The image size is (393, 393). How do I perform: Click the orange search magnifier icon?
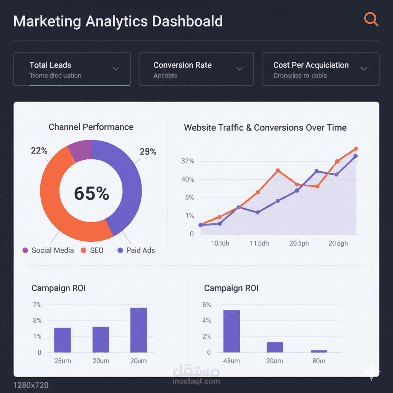[x=371, y=19]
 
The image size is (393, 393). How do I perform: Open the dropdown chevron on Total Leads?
[x=116, y=69]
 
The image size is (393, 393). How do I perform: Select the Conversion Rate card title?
[x=182, y=65]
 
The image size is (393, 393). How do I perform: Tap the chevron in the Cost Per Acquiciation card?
[x=363, y=69]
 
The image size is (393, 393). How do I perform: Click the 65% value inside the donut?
[x=91, y=193]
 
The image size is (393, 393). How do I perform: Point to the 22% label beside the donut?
[x=39, y=151]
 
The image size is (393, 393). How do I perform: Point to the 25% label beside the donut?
[x=148, y=152]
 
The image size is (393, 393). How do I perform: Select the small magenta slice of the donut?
[x=80, y=149]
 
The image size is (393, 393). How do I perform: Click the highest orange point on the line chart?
[x=355, y=149]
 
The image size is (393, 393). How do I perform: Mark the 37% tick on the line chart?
[x=188, y=161]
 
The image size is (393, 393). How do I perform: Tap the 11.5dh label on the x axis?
[x=259, y=243]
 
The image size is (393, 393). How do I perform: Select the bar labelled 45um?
[x=231, y=331]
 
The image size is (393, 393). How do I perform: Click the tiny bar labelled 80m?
[x=319, y=351]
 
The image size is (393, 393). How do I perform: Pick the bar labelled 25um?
[x=62, y=340]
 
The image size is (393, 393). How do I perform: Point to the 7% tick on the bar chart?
[x=37, y=305]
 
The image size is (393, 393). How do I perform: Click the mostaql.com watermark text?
[x=196, y=381]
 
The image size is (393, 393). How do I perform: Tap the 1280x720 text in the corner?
[x=31, y=385]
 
